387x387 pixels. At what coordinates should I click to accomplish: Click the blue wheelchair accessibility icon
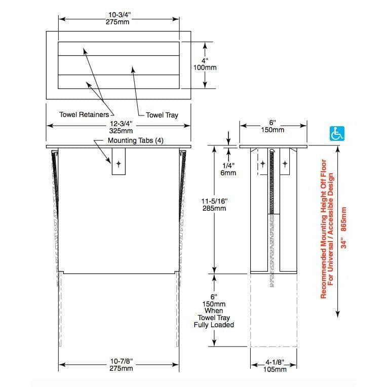click(x=337, y=134)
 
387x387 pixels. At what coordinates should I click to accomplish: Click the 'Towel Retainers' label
click(x=84, y=114)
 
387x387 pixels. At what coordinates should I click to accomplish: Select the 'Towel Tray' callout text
click(x=162, y=115)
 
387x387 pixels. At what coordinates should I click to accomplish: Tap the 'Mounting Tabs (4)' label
click(x=135, y=140)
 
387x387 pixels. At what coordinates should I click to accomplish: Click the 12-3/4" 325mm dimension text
click(x=121, y=127)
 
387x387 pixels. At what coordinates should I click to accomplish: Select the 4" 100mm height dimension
click(x=205, y=64)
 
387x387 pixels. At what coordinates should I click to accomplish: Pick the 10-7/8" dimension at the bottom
click(x=121, y=365)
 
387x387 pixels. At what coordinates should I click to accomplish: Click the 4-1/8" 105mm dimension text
click(x=275, y=366)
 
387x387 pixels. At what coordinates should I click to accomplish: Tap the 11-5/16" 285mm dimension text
click(x=214, y=205)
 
